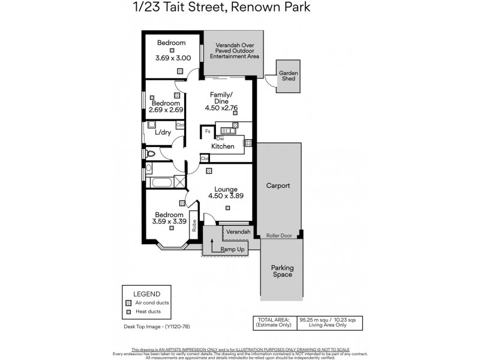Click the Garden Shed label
[x=288, y=76]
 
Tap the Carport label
[x=278, y=186]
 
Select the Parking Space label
[x=281, y=271]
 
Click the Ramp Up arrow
[x=212, y=243]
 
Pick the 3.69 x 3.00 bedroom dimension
[x=173, y=58]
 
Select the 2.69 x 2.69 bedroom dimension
[x=165, y=110]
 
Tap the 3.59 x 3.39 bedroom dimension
[x=169, y=221]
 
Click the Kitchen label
[x=222, y=146]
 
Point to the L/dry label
[x=163, y=133]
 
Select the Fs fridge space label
[x=208, y=130]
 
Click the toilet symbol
[x=151, y=154]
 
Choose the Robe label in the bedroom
[x=194, y=225]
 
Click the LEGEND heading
[x=146, y=294]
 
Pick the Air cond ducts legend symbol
[x=128, y=304]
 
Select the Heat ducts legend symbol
[x=128, y=313]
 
